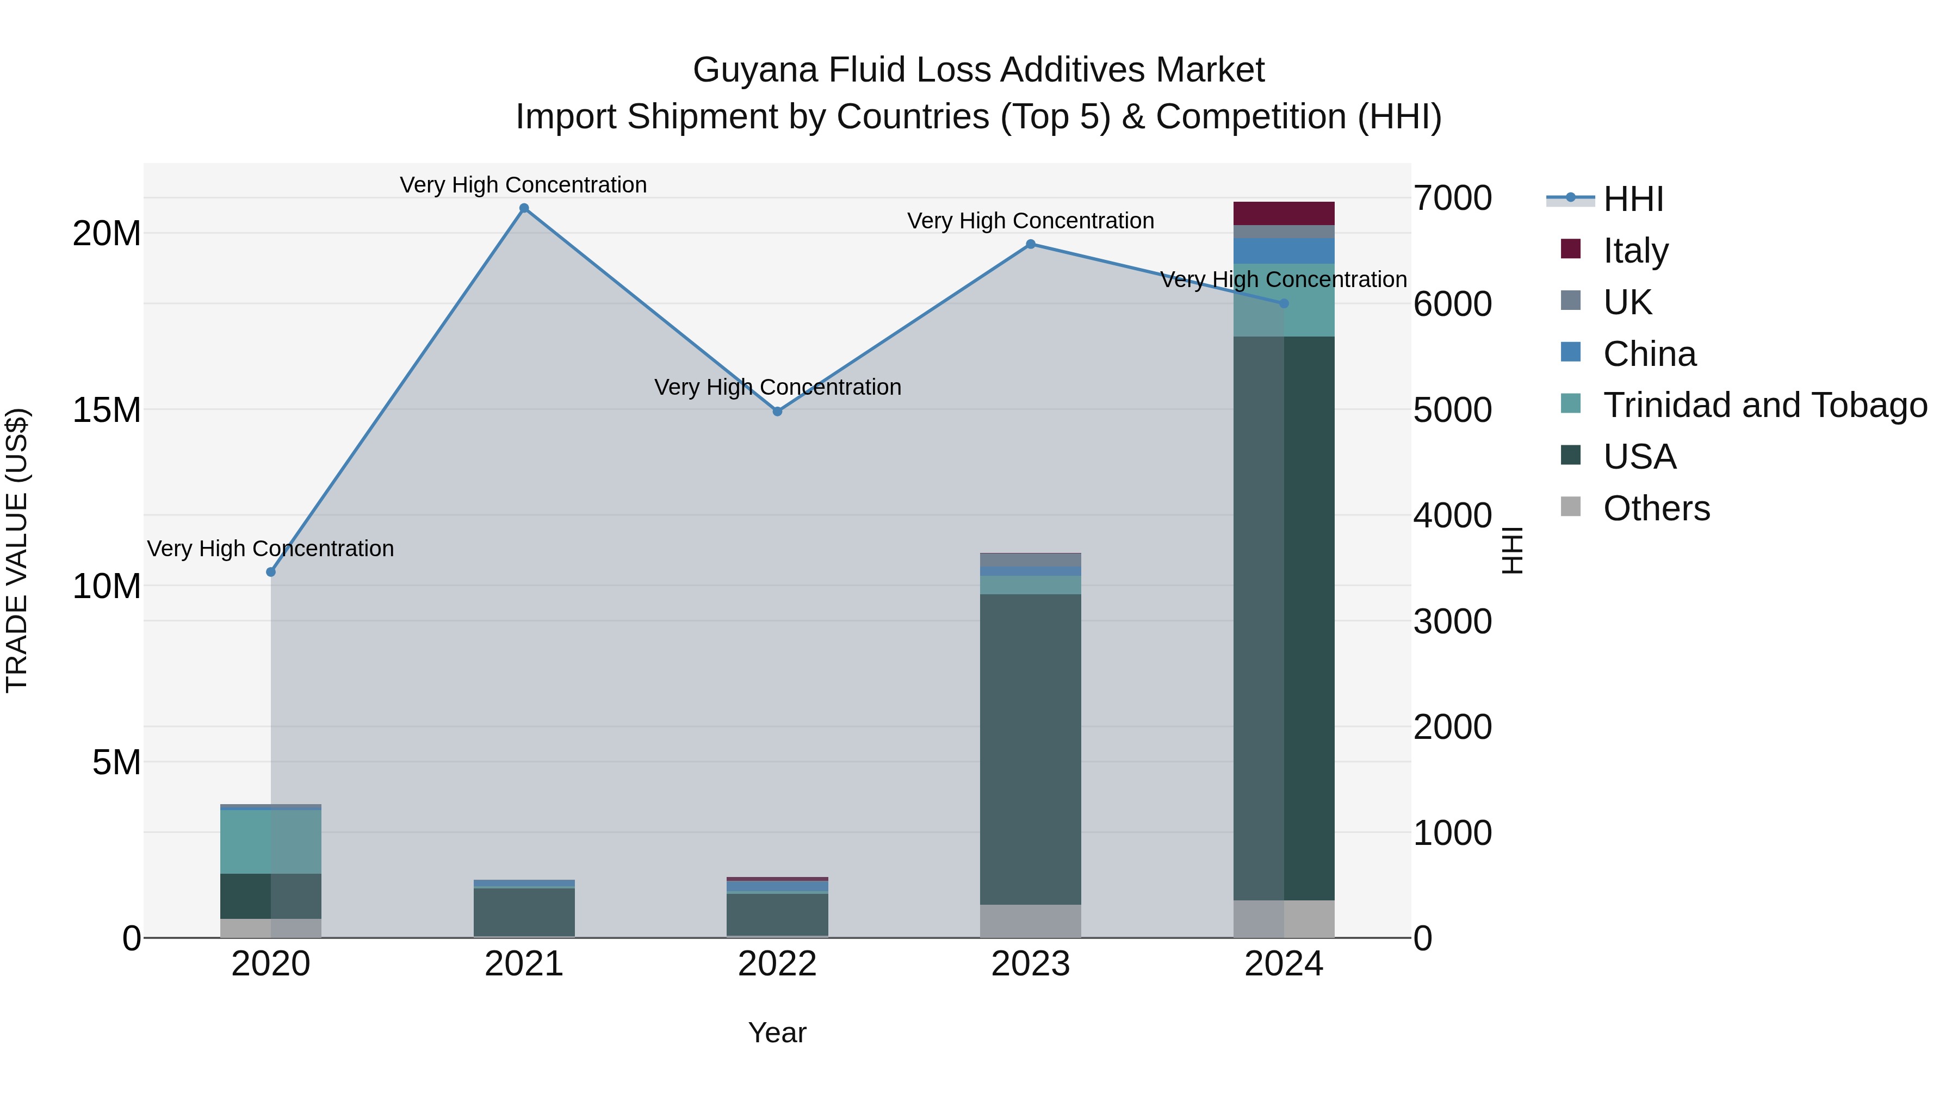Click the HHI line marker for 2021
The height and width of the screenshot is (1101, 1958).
524,208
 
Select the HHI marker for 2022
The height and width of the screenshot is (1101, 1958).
777,411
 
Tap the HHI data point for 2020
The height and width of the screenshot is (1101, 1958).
271,571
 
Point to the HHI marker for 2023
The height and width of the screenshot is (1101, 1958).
1031,244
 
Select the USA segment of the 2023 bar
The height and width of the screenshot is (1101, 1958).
1031,749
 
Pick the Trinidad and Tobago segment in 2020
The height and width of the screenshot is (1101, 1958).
271,841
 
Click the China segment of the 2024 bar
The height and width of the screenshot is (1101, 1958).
1284,251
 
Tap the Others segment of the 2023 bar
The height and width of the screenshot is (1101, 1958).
1031,921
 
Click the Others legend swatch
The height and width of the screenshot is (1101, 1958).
1570,507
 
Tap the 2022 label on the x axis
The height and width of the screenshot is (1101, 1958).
777,964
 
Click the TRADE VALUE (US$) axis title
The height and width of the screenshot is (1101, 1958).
17,550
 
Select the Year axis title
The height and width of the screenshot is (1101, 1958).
777,1032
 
